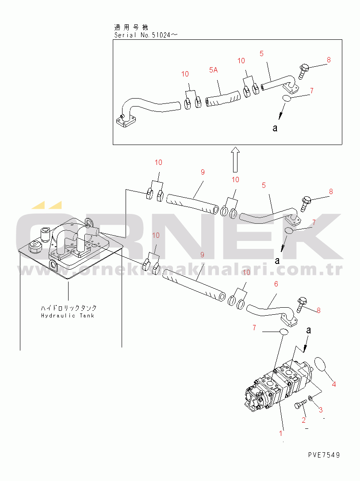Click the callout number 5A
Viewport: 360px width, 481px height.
tap(214, 69)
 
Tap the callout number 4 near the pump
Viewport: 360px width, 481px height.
tap(334, 385)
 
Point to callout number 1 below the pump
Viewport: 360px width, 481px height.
tap(281, 428)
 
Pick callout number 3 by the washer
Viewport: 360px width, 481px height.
tap(321, 410)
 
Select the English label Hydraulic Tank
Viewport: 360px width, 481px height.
tap(68, 316)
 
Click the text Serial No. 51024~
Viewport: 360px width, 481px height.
tap(146, 34)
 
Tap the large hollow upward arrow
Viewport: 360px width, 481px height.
tap(235, 160)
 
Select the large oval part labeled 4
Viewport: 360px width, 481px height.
tap(321, 367)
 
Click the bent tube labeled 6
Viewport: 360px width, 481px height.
tap(270, 309)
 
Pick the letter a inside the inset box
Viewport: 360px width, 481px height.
tap(275, 128)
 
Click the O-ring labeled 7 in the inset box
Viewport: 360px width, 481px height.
tap(287, 99)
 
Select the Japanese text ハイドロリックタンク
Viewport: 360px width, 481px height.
tap(69, 308)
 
